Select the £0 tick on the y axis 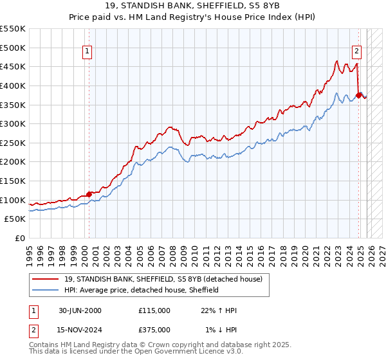coord(21,239)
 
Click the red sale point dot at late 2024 coord(358,94)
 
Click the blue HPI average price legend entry coord(142,290)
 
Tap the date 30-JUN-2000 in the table coord(80,310)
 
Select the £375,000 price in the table coord(154,329)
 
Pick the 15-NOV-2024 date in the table coord(80,329)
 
